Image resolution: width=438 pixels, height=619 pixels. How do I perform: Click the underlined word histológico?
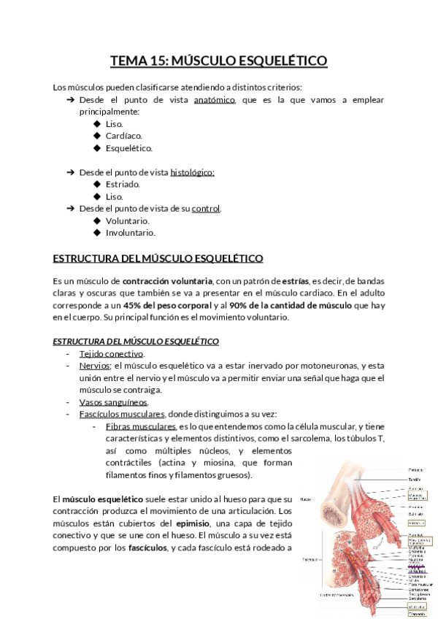192,172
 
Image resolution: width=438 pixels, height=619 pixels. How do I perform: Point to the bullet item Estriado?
123,185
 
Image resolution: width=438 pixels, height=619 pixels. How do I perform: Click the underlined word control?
206,209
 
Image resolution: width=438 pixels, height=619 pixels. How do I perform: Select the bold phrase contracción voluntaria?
167,281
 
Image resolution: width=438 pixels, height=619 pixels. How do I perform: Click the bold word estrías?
296,281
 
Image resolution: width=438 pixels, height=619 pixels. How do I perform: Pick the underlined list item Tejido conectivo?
111,354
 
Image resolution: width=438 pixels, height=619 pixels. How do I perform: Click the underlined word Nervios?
94,366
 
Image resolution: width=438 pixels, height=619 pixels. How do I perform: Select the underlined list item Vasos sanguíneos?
113,402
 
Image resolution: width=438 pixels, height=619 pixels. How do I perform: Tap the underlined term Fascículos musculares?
122,414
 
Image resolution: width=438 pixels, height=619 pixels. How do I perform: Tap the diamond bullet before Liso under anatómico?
97,124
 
